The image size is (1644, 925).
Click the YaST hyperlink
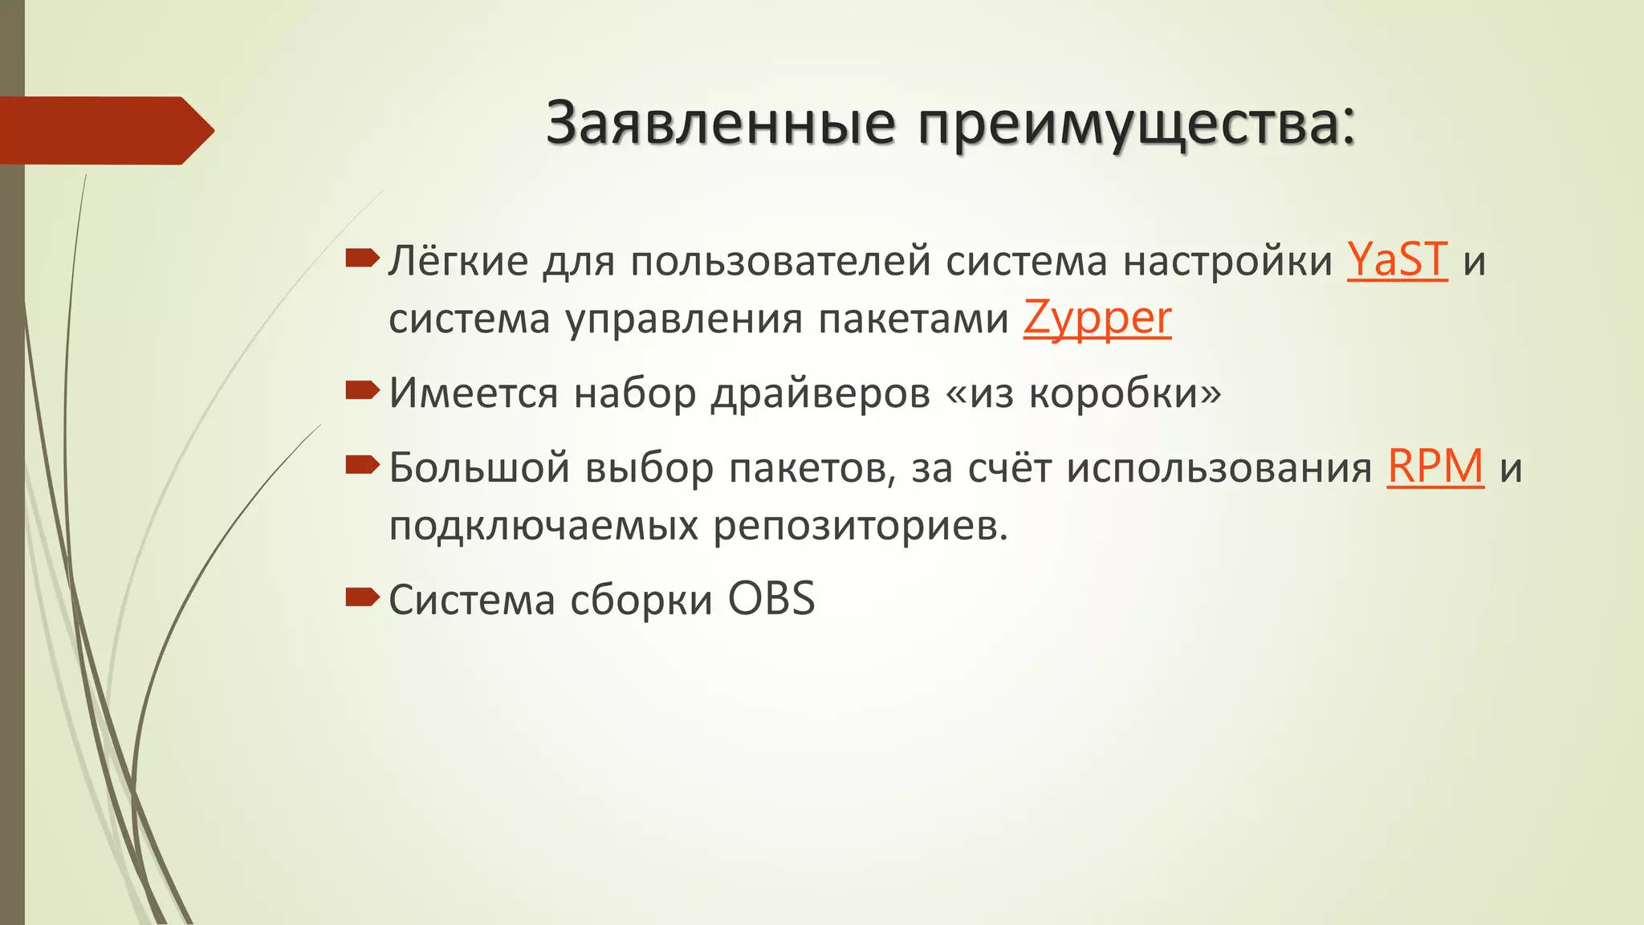1397,260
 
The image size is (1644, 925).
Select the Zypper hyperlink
1097,319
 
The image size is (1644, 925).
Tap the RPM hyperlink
1435,467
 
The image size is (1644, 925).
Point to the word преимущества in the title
1137,125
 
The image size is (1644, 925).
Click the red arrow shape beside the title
104,130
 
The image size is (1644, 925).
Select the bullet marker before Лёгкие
362,259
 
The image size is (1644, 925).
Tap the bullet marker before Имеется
362,391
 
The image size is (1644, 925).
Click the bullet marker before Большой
362,465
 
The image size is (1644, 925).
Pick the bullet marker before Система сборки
362,597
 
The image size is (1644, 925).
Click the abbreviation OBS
771,599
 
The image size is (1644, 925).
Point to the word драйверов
820,393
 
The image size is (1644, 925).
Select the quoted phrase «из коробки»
1084,393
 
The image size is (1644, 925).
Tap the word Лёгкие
458,260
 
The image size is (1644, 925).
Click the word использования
1219,468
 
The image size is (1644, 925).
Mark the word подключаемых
543,527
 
